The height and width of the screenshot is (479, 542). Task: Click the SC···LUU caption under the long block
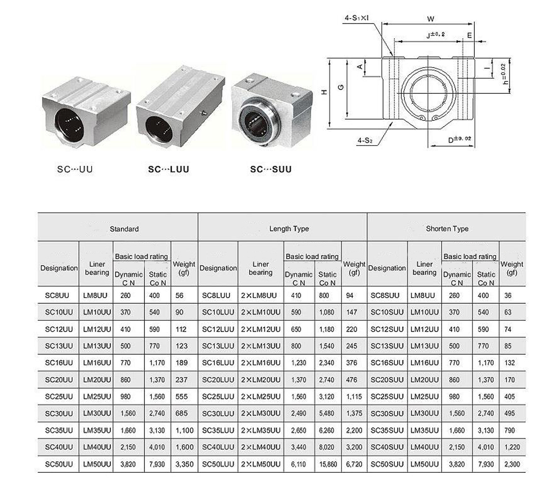pos(168,170)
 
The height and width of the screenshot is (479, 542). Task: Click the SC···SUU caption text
pos(271,170)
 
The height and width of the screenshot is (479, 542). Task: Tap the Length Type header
pos(289,229)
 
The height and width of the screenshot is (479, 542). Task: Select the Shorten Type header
pos(447,229)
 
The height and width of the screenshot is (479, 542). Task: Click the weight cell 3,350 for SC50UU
pos(185,464)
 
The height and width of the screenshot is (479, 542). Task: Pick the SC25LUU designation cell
pos(218,397)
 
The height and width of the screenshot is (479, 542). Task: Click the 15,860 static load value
pos(327,464)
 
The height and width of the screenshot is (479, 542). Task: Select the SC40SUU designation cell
pos(387,447)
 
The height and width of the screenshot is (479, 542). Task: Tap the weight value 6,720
pos(353,464)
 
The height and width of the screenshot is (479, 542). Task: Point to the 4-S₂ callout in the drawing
pos(365,141)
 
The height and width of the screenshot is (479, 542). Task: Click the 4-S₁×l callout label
pos(356,18)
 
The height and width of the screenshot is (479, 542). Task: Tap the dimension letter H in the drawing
pos(324,92)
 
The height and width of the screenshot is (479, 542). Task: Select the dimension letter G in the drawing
pos(341,87)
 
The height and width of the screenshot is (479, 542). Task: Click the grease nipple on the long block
pos(203,113)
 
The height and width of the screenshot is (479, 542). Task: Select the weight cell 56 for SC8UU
pos(179,296)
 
